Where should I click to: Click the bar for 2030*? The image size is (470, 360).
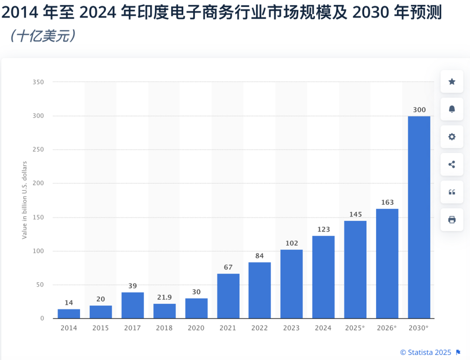419,217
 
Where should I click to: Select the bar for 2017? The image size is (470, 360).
133,305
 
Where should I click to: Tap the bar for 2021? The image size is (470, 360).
228,296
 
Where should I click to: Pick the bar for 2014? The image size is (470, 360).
69,313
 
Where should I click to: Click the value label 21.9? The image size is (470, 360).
164,297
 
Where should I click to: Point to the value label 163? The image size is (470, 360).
387,202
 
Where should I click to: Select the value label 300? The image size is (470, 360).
419,110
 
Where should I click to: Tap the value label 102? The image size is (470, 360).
292,243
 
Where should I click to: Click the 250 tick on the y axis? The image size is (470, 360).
39,150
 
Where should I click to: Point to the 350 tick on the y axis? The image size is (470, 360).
39,82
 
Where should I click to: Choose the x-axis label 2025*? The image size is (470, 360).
355,328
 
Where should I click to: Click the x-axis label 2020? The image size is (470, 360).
196,328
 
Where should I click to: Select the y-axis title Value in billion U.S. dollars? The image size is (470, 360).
25,200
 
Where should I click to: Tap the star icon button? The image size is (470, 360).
452,81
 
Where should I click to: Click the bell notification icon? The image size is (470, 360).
452,109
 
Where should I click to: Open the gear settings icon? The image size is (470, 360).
452,137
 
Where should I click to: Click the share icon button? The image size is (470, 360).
452,164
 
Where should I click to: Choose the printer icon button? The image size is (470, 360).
452,220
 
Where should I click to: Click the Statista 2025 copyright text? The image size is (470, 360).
426,352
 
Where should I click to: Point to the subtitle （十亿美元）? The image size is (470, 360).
43,36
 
